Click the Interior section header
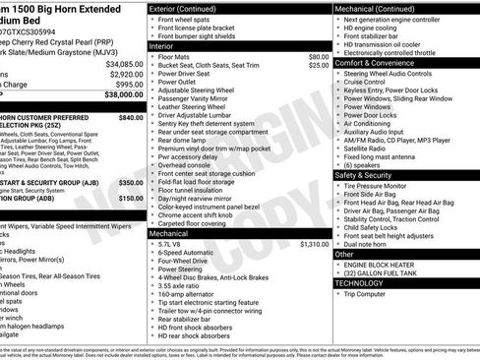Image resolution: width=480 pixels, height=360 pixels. point(162,46)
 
